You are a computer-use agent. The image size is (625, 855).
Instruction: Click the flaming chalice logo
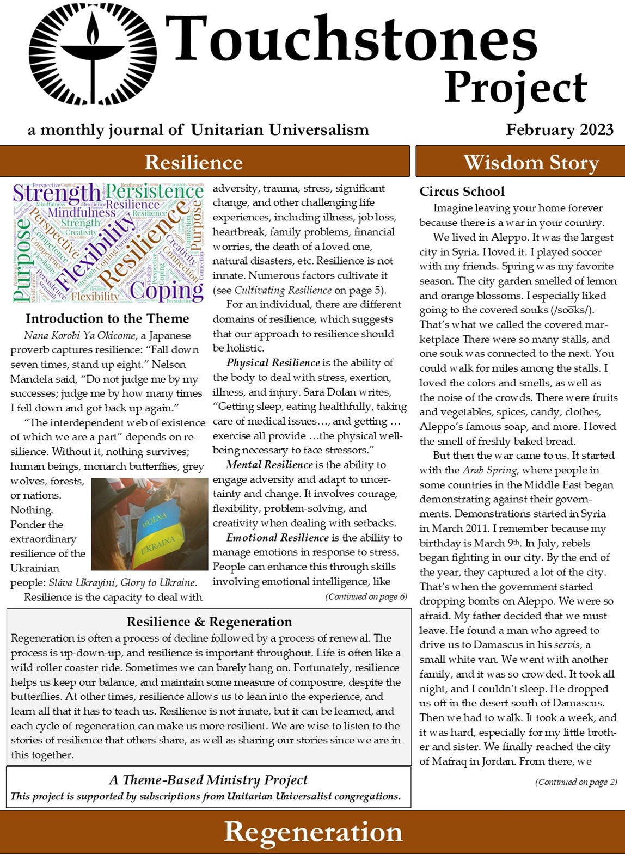(x=93, y=54)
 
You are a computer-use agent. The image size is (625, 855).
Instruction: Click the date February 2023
(x=559, y=130)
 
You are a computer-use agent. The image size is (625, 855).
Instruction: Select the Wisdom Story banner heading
(x=531, y=162)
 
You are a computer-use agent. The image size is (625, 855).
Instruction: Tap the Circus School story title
(x=462, y=192)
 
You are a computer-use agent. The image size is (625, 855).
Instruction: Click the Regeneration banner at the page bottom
(x=313, y=832)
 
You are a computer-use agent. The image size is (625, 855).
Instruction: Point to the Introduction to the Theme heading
(x=107, y=319)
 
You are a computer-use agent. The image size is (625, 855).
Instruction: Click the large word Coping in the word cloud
(x=167, y=290)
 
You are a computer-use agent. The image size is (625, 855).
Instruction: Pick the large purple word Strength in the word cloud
(x=57, y=193)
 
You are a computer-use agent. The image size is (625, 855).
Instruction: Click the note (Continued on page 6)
(x=366, y=596)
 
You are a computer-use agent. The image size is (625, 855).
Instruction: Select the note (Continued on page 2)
(x=576, y=782)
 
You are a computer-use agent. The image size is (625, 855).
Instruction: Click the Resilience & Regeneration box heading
(x=209, y=622)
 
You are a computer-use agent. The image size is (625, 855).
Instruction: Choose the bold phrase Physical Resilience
(x=273, y=363)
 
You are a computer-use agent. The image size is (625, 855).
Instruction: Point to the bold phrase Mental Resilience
(x=269, y=465)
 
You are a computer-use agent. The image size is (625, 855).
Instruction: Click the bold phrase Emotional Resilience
(x=277, y=538)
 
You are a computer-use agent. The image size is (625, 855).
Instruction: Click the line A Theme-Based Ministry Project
(x=209, y=780)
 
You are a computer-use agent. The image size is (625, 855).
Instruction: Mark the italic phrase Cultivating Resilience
(x=283, y=290)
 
